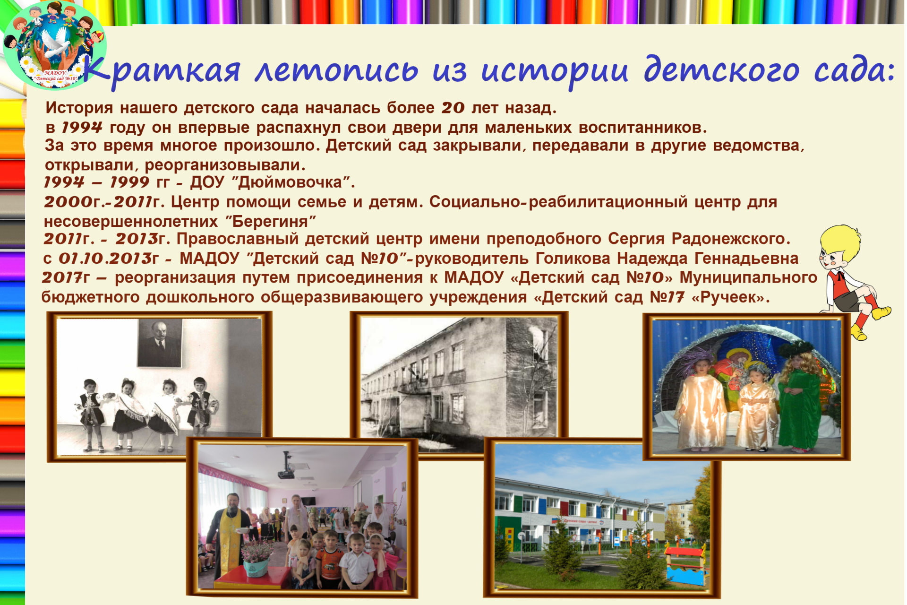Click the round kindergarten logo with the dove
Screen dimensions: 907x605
(55, 45)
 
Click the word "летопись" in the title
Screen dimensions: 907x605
(336, 71)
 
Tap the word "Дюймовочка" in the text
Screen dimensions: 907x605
(290, 182)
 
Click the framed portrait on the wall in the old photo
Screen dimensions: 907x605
(160, 343)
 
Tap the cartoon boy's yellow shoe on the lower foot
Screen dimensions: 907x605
(859, 332)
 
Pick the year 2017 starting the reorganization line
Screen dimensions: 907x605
(62, 277)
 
